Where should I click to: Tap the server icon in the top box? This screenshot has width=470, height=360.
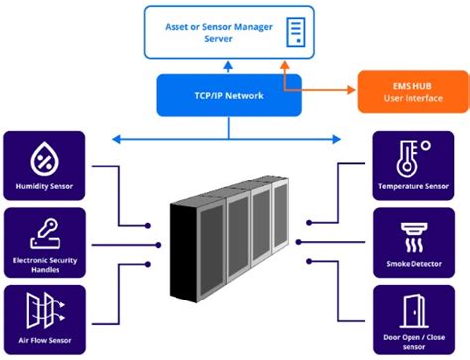coord(295,31)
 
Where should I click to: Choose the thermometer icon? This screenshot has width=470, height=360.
coord(410,156)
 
